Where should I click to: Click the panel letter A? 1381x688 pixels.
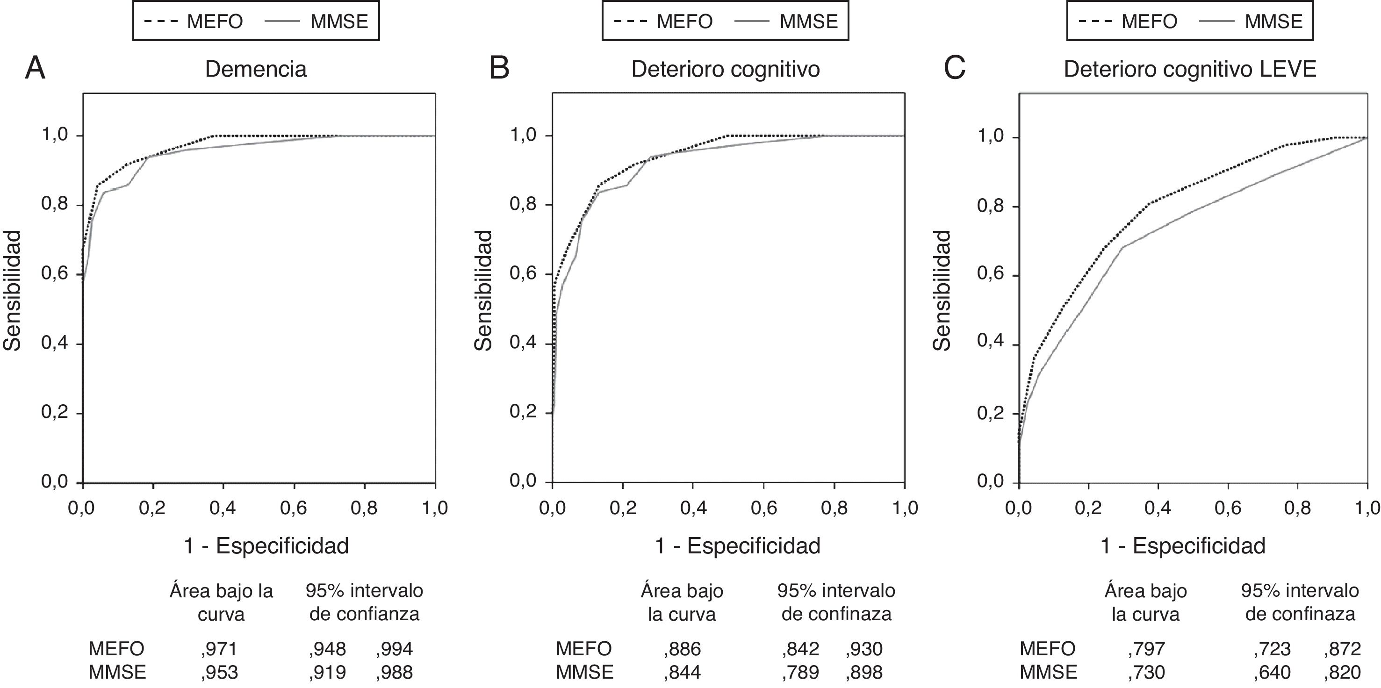[x=36, y=69]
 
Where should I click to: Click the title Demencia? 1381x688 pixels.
[x=256, y=70]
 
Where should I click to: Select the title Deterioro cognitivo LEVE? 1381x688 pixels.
[x=1190, y=70]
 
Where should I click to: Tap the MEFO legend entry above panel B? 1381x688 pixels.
[x=664, y=22]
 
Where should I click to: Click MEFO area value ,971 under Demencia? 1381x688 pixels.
[x=219, y=649]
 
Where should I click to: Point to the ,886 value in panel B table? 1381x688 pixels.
[x=682, y=649]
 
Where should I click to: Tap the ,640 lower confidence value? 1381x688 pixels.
[x=1272, y=672]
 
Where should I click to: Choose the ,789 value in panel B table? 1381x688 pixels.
[x=800, y=672]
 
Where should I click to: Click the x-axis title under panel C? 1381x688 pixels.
[x=1183, y=546]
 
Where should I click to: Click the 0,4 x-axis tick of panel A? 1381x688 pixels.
[x=223, y=508]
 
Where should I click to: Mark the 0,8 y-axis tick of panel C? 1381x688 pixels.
[x=991, y=207]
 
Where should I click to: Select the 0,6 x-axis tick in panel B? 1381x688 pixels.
[x=763, y=508]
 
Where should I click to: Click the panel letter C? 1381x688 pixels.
[x=954, y=69]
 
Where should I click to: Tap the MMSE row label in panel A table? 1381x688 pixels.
[x=117, y=672]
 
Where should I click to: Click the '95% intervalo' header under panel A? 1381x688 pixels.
[x=364, y=591]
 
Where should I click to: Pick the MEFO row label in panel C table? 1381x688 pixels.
[x=1047, y=649]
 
